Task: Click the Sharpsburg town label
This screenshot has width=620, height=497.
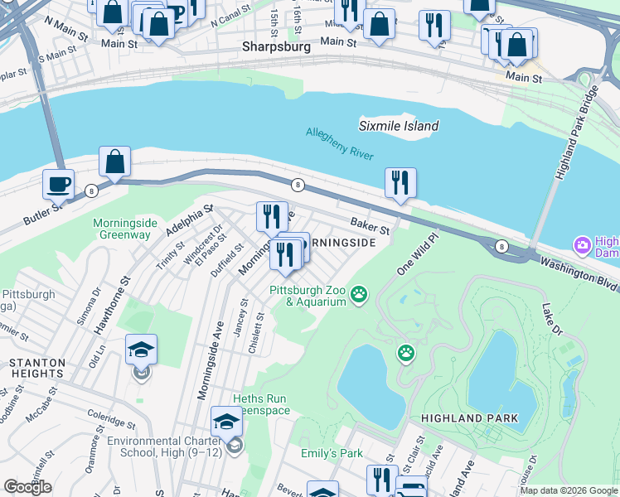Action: click(276, 47)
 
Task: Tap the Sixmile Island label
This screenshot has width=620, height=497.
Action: click(399, 126)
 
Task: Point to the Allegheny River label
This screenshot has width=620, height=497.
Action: click(340, 143)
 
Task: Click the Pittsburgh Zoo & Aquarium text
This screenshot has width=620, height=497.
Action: click(307, 296)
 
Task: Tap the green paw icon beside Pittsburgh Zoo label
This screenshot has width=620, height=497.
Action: click(359, 293)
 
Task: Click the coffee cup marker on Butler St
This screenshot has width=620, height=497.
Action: click(58, 184)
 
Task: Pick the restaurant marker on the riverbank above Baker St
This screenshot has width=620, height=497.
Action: click(400, 182)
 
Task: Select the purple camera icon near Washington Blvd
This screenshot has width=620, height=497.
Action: click(582, 244)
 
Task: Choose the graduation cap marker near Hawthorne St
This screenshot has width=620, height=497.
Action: click(141, 350)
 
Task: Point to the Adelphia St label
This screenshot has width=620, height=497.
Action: click(189, 220)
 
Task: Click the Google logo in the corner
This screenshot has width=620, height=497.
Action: click(27, 487)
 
